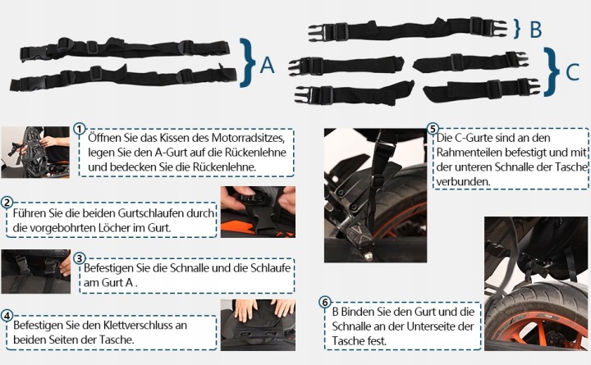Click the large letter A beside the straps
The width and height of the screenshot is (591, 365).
click(x=268, y=65)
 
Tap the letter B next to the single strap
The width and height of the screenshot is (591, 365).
click(x=535, y=30)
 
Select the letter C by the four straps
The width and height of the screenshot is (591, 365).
click(x=573, y=71)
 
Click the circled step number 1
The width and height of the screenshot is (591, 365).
click(x=79, y=129)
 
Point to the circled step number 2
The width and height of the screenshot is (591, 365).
click(x=7, y=203)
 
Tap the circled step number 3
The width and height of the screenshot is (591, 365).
click(x=79, y=258)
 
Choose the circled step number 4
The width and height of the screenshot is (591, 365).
click(x=7, y=316)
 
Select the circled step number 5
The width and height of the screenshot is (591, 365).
click(x=433, y=129)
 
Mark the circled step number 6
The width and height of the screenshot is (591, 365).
click(x=325, y=302)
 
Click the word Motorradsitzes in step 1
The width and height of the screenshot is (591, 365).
click(x=248, y=138)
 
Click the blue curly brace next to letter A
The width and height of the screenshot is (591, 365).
click(x=247, y=62)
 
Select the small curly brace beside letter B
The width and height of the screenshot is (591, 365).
click(x=517, y=29)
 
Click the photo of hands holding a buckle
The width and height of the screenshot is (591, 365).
click(x=259, y=212)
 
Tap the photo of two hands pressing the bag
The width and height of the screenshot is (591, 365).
click(x=259, y=325)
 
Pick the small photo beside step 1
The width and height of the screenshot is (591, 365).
click(x=35, y=153)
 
